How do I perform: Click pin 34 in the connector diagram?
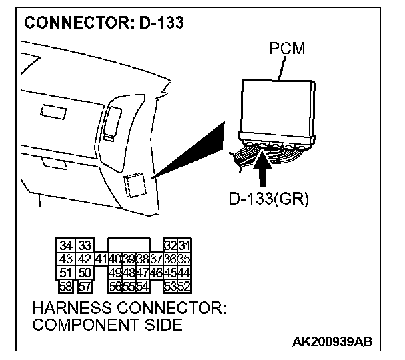(66, 246)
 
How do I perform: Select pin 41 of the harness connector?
(101, 259)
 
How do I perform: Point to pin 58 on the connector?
(66, 286)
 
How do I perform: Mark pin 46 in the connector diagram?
(155, 273)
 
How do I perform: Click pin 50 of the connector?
(84, 273)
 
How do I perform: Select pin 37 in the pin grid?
(155, 259)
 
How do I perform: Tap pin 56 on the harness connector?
(115, 286)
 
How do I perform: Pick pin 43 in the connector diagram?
(66, 259)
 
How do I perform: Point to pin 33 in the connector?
(84, 246)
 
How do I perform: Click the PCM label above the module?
(286, 49)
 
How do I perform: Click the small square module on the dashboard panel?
(136, 185)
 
